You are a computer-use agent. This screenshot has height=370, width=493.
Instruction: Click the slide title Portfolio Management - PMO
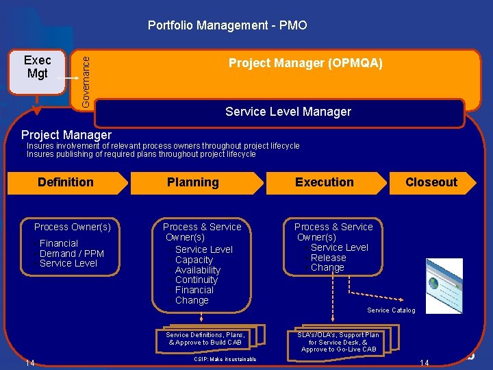coord(227,26)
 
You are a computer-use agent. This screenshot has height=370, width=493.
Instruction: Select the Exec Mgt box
coord(37,68)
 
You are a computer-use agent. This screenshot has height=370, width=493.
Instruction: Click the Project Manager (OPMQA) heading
coord(305,64)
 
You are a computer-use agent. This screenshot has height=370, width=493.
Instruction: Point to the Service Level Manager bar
coord(288,112)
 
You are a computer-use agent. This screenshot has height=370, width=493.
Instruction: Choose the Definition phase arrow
coord(66,182)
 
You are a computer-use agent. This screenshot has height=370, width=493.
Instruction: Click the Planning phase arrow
coord(194,182)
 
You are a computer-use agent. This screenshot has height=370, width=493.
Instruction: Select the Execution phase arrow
coord(325,182)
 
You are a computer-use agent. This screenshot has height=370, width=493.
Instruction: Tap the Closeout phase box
coord(431,182)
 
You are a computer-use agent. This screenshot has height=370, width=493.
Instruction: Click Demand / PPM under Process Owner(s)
coord(71,254)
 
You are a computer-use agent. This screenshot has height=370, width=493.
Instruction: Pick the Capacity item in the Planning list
coord(194,260)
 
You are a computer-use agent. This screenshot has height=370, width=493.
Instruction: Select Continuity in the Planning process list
coord(196,280)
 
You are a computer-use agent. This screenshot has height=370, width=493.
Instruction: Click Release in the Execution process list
coord(328,258)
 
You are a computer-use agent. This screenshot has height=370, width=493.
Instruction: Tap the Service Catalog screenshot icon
coord(444,282)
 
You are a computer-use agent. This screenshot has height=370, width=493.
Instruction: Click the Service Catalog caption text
coord(391,310)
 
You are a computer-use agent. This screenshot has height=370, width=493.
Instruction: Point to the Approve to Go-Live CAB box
coord(338,341)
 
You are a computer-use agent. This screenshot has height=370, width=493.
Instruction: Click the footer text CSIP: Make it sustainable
coord(225,359)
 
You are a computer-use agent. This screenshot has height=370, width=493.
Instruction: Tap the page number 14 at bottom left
coord(29,362)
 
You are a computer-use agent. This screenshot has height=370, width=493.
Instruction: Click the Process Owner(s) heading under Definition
coord(73,227)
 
